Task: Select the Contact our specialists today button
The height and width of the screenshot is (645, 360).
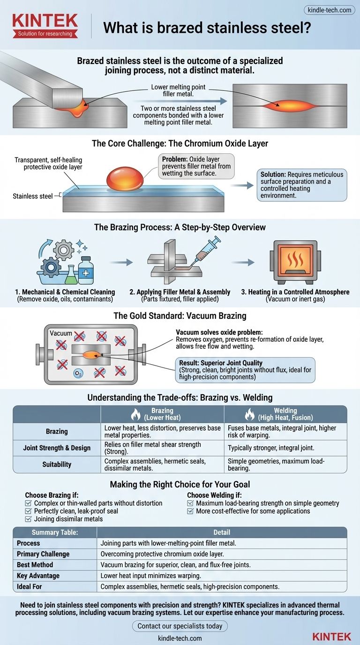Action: pos(180,626)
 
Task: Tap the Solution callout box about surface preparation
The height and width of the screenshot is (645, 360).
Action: pos(302,185)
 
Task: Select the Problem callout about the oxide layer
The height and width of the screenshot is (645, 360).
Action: pos(196,165)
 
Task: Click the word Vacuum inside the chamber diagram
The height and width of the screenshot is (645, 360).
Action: pos(61,333)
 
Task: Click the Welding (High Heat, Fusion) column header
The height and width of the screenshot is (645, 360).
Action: pos(285,414)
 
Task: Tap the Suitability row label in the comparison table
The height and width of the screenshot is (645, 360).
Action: pos(57,464)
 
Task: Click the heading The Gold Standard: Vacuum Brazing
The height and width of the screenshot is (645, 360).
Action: pos(180,316)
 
